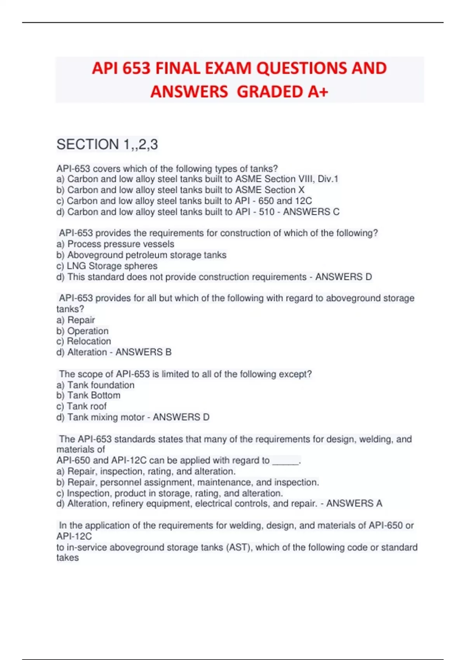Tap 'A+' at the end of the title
(318, 92)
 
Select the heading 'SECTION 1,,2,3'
(107, 144)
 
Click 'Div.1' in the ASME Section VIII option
(328, 179)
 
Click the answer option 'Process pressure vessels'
(120, 244)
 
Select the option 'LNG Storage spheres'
(112, 266)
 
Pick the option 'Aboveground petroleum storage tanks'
(146, 255)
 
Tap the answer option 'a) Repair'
(76, 320)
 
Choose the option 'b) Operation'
(82, 331)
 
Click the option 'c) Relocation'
(83, 341)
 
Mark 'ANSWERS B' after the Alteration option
(143, 352)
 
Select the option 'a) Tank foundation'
(96, 385)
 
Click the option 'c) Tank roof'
(82, 406)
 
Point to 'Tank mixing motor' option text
(101, 417)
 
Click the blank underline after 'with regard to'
(286, 461)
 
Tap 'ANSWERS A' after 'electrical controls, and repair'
(354, 504)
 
